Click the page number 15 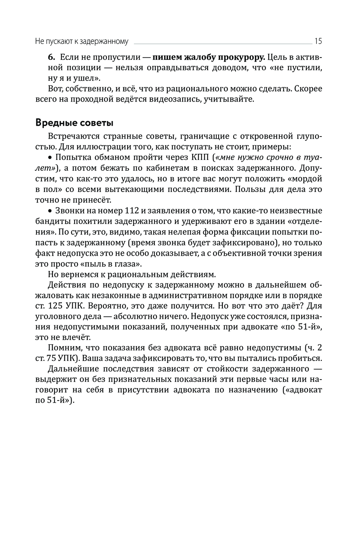(x=318, y=41)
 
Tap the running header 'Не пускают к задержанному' (x=82, y=41)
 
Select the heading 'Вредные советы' (x=75, y=123)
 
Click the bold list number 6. (x=51, y=57)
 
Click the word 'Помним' (x=64, y=348)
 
